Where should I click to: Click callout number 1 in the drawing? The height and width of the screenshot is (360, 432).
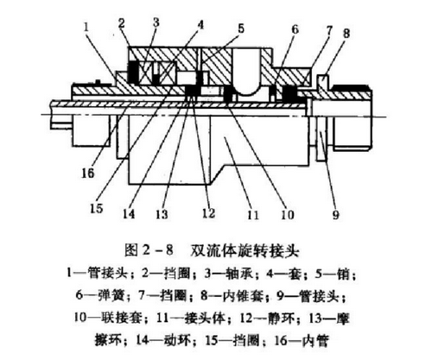[86, 28]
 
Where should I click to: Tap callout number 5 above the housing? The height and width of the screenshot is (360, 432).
[241, 28]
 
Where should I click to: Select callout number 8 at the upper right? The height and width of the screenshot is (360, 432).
[346, 33]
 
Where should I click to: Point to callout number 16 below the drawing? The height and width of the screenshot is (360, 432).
[88, 173]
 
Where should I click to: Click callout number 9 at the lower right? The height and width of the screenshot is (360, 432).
[336, 214]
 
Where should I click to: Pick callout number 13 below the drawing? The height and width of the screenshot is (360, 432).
[162, 214]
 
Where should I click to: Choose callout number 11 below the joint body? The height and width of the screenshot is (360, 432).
[252, 214]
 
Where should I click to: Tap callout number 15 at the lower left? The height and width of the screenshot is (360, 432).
[97, 208]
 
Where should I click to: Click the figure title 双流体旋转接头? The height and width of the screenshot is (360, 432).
[245, 251]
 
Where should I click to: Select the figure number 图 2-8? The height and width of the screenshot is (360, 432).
[149, 250]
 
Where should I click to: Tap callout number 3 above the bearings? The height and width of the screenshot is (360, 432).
[156, 22]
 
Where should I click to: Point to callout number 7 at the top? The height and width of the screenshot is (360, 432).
[329, 30]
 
